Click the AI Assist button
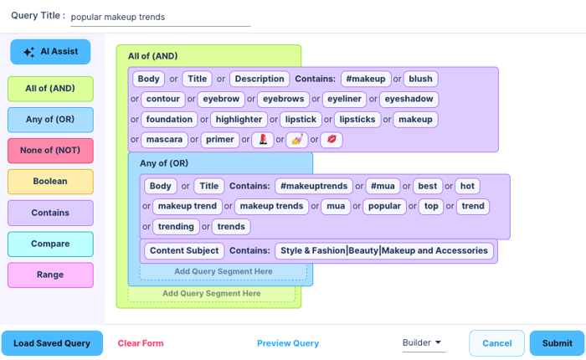[50, 52]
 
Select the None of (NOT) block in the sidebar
[50, 151]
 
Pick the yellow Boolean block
[50, 182]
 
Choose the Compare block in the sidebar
[50, 244]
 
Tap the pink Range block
[50, 275]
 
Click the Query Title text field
[159, 16]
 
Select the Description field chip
[260, 79]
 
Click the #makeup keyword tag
[365, 79]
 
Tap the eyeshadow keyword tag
[409, 99]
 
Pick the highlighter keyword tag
[238, 119]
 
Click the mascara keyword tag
[163, 139]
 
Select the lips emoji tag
[331, 139]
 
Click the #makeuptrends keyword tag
[313, 186]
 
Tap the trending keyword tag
[176, 226]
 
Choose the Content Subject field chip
[183, 250]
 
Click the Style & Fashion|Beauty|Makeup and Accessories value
[384, 250]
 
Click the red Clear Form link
[141, 343]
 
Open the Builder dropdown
[424, 343]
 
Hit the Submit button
[557, 343]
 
